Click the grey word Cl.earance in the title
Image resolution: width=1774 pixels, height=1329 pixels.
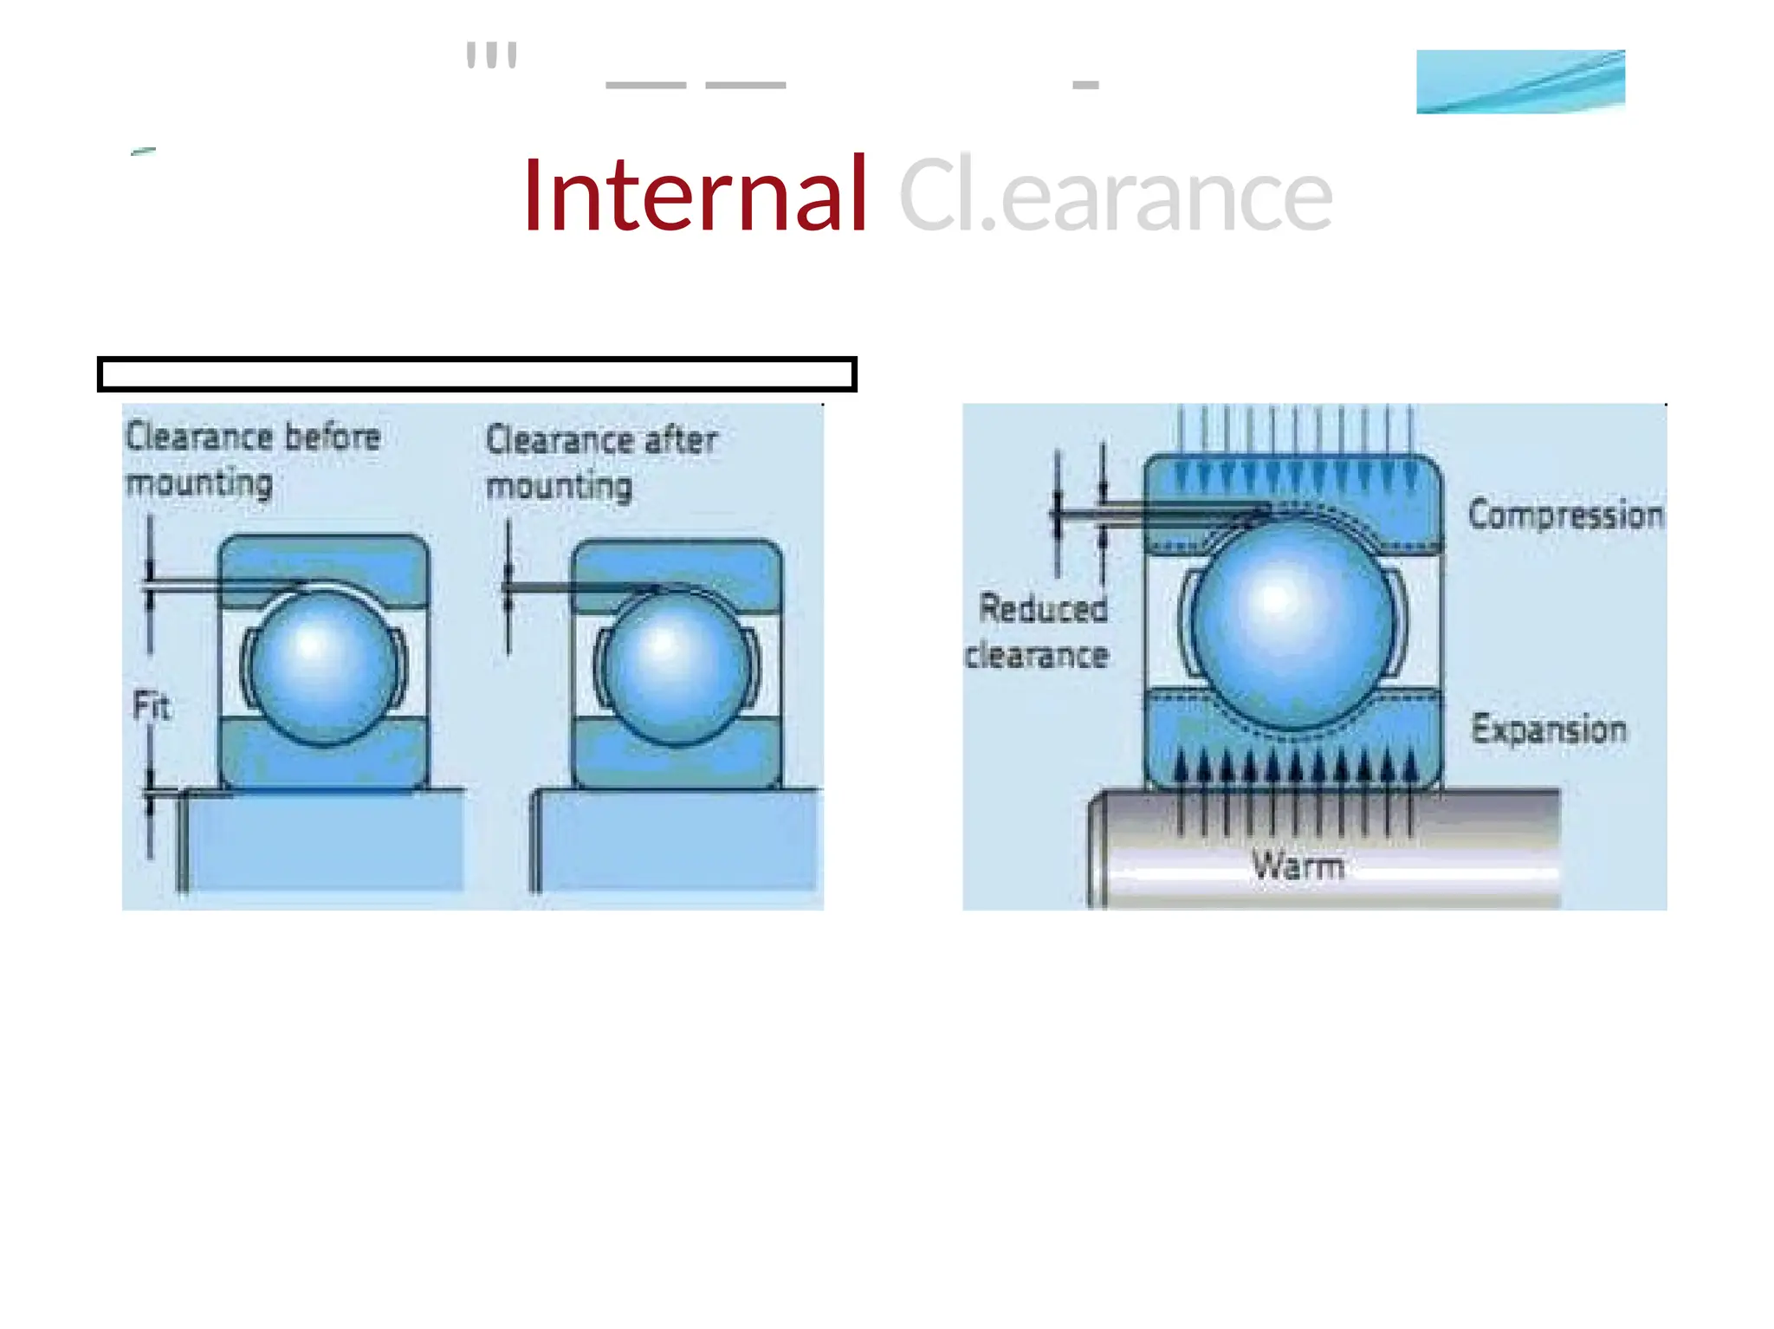click(x=1115, y=196)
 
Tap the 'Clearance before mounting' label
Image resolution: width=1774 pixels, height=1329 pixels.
click(x=252, y=458)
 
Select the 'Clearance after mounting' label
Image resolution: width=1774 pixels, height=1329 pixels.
click(x=601, y=462)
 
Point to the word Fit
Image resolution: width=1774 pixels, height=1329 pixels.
click(x=152, y=706)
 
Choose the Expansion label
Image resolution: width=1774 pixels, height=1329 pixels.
click(x=1549, y=729)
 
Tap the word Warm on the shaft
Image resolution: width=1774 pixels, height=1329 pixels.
click(x=1298, y=865)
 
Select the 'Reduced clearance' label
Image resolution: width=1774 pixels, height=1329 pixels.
click(x=1039, y=632)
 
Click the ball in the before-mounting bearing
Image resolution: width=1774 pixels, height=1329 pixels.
click(x=322, y=668)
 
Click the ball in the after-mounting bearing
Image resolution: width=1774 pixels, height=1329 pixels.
click(x=675, y=668)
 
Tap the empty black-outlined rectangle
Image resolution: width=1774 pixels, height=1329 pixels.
click(x=476, y=374)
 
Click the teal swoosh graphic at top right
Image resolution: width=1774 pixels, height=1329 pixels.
click(x=1520, y=81)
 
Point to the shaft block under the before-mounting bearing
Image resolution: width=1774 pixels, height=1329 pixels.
click(x=325, y=840)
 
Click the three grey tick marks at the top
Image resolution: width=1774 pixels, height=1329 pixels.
click(x=491, y=55)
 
